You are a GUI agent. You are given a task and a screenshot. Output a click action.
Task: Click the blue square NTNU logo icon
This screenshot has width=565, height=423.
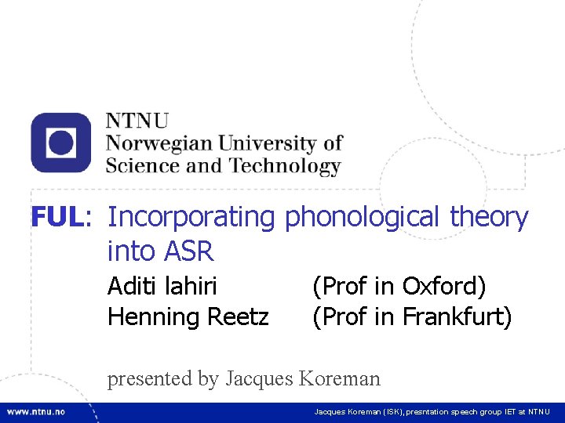pyautogui.click(x=61, y=143)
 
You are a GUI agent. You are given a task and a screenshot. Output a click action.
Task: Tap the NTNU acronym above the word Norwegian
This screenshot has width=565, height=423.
pyautogui.click(x=137, y=121)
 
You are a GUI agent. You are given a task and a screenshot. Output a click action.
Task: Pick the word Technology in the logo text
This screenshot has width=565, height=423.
pyautogui.click(x=285, y=166)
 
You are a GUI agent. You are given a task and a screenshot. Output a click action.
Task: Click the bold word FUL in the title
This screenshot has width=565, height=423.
pyautogui.click(x=56, y=217)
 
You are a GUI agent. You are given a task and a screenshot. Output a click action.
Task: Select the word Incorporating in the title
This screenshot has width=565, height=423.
pyautogui.click(x=191, y=217)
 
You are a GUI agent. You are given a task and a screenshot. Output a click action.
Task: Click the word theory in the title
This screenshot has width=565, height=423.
pyautogui.click(x=490, y=217)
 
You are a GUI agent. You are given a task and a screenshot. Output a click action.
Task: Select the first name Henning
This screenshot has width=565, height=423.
pyautogui.click(x=154, y=317)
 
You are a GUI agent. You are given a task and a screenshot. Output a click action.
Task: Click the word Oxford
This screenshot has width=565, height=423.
pyautogui.click(x=444, y=286)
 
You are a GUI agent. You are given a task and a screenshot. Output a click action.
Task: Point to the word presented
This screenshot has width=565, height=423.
pyautogui.click(x=151, y=379)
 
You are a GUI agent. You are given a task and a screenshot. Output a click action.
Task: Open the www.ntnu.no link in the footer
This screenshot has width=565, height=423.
pyautogui.click(x=36, y=411)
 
